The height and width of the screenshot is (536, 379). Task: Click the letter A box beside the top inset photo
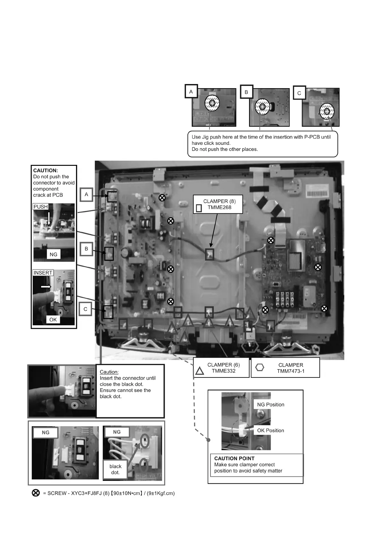tap(191, 91)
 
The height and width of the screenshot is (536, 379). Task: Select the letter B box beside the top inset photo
tap(246, 92)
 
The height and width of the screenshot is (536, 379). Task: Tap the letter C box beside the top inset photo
tap(299, 93)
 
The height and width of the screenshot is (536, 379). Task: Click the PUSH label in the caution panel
tap(40, 207)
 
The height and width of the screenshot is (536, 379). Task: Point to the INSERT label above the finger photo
tap(43, 273)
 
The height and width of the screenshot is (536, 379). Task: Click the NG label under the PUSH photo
tap(53, 254)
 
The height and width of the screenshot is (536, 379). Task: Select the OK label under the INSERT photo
tap(53, 320)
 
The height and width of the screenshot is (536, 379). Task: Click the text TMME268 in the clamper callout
tap(219, 207)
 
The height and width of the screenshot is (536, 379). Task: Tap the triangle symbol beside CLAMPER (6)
tap(199, 370)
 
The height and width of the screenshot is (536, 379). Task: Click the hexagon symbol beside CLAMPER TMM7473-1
tap(260, 367)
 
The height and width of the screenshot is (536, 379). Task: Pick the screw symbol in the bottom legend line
tap(36, 493)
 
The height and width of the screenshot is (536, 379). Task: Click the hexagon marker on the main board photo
tap(250, 346)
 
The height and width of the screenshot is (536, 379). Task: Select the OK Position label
tap(270, 430)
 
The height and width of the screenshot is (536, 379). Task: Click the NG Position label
tap(270, 405)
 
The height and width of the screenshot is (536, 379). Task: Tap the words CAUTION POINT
tap(234, 458)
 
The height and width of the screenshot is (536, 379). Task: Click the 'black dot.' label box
tap(115, 469)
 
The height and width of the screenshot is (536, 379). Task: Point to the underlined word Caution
tap(109, 372)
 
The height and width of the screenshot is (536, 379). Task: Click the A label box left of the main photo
tap(86, 194)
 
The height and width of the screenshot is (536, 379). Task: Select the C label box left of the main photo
tap(85, 309)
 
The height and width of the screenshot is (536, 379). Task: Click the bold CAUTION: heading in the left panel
tap(46, 170)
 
